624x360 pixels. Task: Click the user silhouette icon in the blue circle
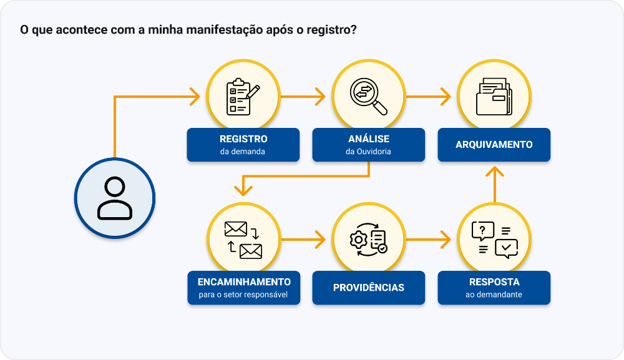(114, 197)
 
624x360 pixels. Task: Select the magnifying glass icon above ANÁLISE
(368, 97)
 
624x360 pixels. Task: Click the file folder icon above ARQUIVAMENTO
(494, 97)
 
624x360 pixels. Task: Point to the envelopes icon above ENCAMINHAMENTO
(243, 240)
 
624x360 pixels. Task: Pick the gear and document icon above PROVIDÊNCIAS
(368, 240)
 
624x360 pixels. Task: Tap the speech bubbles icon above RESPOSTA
(494, 240)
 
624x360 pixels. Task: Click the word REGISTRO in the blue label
(243, 139)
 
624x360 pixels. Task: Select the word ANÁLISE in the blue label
(368, 139)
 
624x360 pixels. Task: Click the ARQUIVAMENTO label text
(494, 145)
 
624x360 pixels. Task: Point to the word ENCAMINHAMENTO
(243, 282)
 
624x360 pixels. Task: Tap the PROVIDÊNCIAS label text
(368, 288)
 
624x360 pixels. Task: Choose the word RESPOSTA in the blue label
(494, 282)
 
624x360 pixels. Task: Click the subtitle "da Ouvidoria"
(368, 152)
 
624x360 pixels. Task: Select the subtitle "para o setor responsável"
(243, 294)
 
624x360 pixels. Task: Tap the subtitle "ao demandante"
(494, 294)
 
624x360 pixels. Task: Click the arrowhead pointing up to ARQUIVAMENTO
(494, 171)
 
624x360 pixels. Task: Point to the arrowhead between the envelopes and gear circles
(321, 239)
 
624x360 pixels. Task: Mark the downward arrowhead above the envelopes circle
(243, 186)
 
